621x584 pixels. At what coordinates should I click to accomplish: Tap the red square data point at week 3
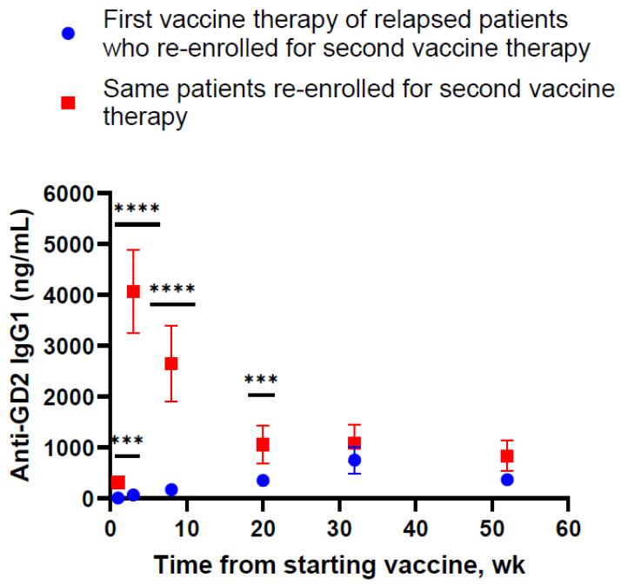133,292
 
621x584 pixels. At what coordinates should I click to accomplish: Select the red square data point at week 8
171,363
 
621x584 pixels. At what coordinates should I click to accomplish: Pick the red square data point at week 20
263,445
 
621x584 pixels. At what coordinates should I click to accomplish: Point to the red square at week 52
507,456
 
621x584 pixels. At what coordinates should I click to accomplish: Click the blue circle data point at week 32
354,461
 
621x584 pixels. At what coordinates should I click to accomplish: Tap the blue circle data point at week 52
507,480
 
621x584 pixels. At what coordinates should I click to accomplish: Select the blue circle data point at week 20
263,481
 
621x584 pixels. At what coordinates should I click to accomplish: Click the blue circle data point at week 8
171,490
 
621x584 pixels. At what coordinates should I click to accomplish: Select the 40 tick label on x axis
416,527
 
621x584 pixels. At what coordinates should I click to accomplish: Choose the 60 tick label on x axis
568,527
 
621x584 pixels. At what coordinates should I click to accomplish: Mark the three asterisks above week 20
261,381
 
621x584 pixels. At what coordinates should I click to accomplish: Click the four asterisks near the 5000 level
137,210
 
